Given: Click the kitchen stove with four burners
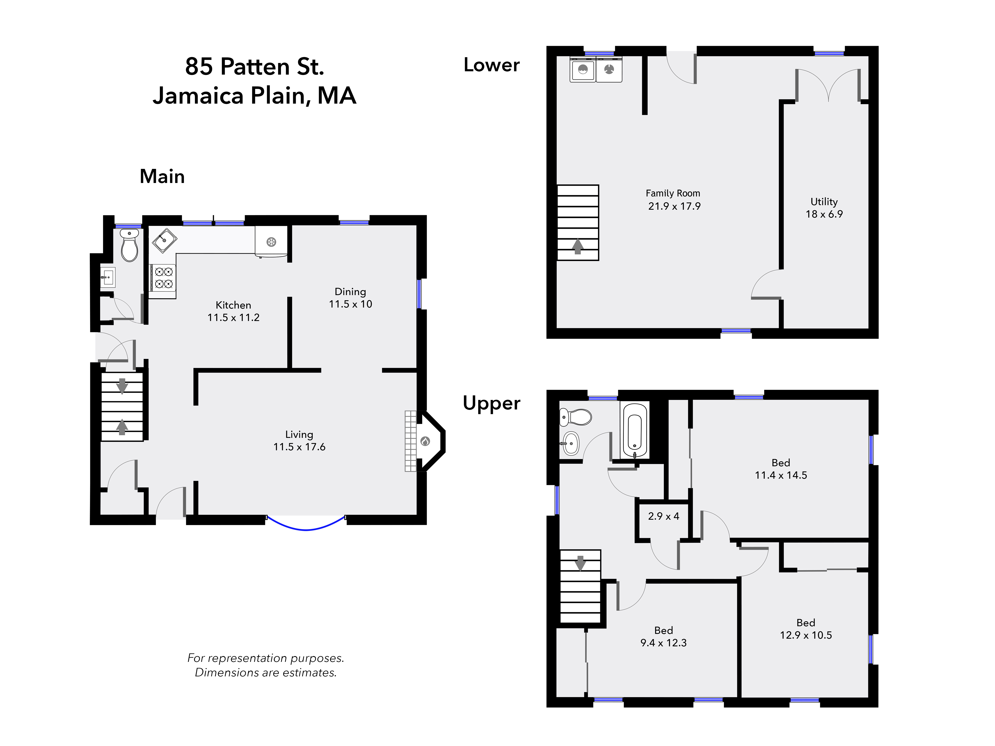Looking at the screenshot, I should (163, 277).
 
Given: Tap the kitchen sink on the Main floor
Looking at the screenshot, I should (164, 241).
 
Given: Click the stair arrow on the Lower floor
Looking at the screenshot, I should (578, 246).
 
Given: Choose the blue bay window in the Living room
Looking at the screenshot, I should (306, 527).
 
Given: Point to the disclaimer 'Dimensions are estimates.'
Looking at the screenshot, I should (265, 673).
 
